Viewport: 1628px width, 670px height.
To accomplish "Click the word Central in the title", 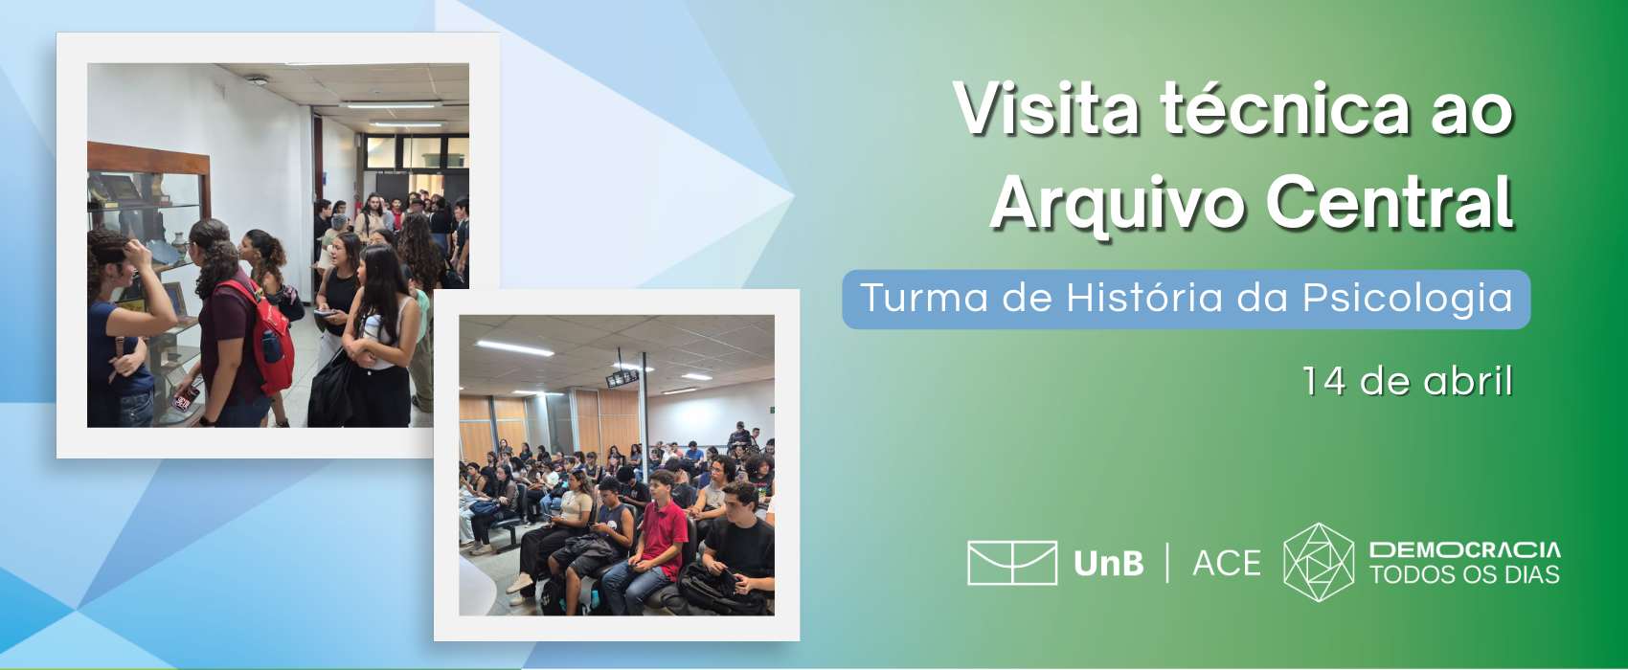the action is [x=1390, y=201].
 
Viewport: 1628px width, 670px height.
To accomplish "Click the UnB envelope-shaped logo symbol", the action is [x=1011, y=563].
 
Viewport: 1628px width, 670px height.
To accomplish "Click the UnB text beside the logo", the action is [x=1108, y=564].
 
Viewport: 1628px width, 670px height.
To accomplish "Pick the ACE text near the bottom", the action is [x=1226, y=564].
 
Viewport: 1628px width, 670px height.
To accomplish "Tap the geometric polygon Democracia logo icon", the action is [x=1319, y=563].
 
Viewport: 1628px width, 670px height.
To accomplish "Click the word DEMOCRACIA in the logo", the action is [x=1464, y=550].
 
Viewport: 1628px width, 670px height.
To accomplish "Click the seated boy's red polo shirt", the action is [x=663, y=539].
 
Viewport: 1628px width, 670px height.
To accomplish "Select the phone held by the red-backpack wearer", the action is [x=186, y=398].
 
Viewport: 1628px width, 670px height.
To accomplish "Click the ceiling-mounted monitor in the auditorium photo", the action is [x=622, y=378].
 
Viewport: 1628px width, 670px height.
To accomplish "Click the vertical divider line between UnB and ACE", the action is [x=1168, y=563].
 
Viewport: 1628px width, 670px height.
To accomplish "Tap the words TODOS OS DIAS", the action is [x=1464, y=575].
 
